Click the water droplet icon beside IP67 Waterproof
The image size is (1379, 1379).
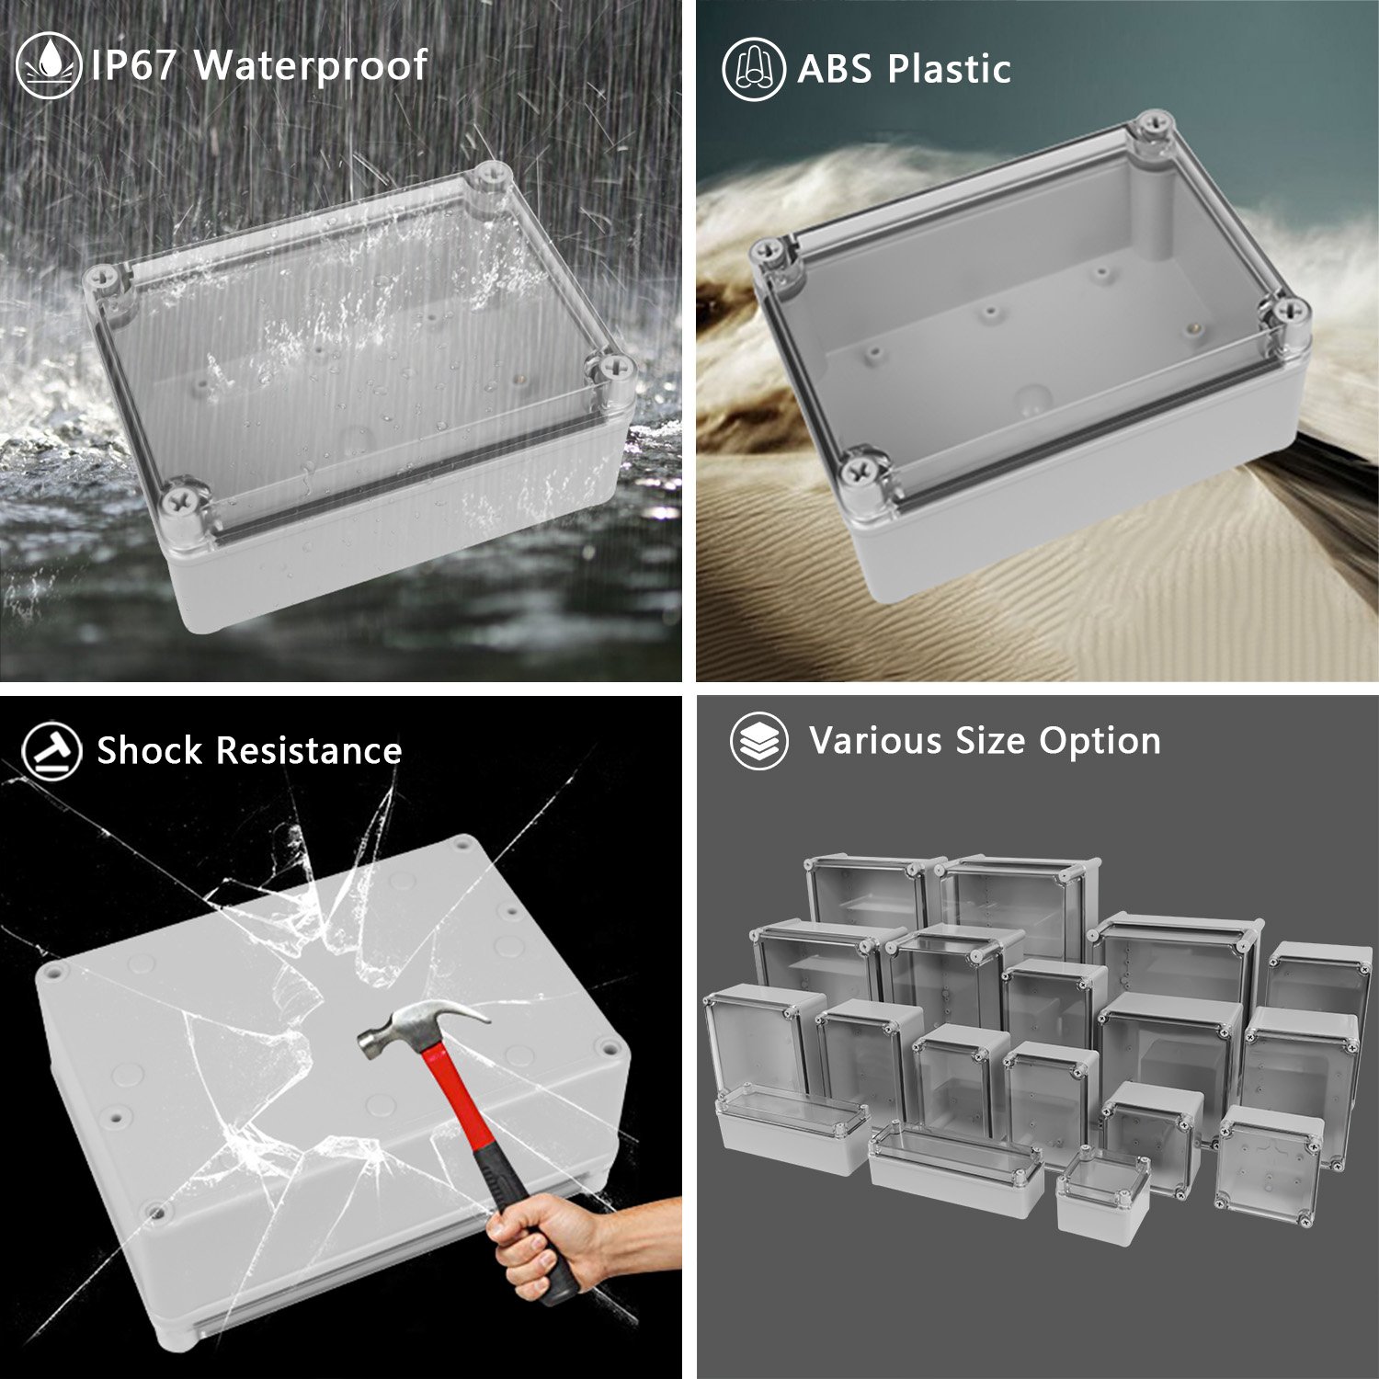click(49, 65)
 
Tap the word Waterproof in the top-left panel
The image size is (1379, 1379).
click(312, 65)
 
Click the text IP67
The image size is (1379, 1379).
click(133, 65)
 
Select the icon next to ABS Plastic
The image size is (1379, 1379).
click(753, 69)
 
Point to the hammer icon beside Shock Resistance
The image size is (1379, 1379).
click(51, 751)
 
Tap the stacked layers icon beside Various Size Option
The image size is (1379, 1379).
click(758, 741)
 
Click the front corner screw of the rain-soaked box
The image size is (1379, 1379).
click(177, 501)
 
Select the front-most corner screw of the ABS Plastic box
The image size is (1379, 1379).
click(862, 471)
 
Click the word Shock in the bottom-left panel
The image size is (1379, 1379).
click(149, 751)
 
